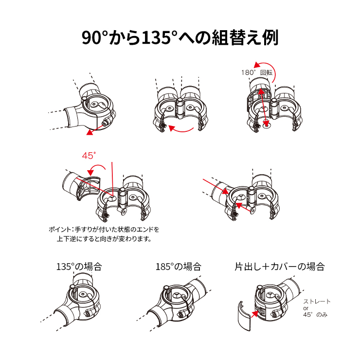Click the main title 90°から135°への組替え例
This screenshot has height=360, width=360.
180,37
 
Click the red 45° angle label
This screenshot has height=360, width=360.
89,156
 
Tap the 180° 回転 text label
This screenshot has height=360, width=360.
257,72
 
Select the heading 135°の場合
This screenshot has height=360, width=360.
79,267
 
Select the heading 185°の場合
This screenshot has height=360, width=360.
179,267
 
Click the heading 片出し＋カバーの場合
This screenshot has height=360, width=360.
279,267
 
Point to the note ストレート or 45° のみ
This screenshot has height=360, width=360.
317,308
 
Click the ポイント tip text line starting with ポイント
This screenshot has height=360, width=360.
104,229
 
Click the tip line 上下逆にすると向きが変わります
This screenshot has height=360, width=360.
105,239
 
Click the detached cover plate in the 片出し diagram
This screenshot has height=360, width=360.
244,316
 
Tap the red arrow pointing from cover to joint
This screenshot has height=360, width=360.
255,314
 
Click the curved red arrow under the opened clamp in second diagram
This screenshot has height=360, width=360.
181,129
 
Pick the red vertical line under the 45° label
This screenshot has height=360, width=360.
112,179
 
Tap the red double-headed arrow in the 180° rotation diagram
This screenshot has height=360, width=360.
263,108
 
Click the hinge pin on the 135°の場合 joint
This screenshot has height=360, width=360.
72,287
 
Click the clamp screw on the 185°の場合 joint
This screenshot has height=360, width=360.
181,314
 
